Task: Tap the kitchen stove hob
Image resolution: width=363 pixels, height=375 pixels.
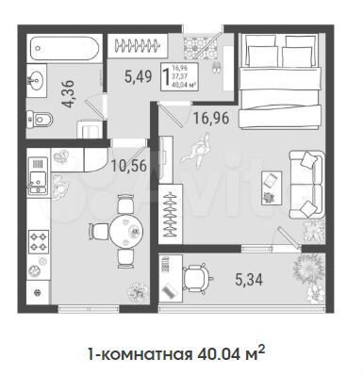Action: click(x=41, y=244)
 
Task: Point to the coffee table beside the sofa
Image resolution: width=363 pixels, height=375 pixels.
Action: click(x=270, y=184)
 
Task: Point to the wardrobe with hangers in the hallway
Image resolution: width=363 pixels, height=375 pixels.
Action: click(x=136, y=45)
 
